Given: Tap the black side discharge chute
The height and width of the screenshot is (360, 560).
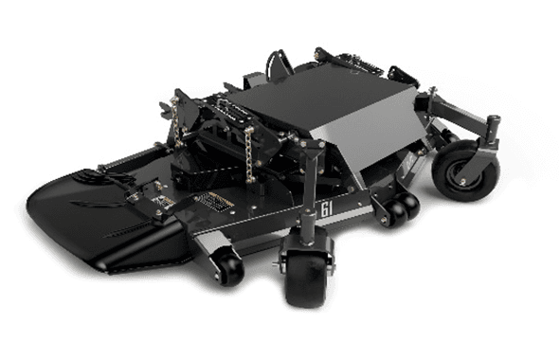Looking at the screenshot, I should (x=95, y=213).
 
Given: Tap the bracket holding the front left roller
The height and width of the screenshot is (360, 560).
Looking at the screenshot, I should (x=213, y=248).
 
